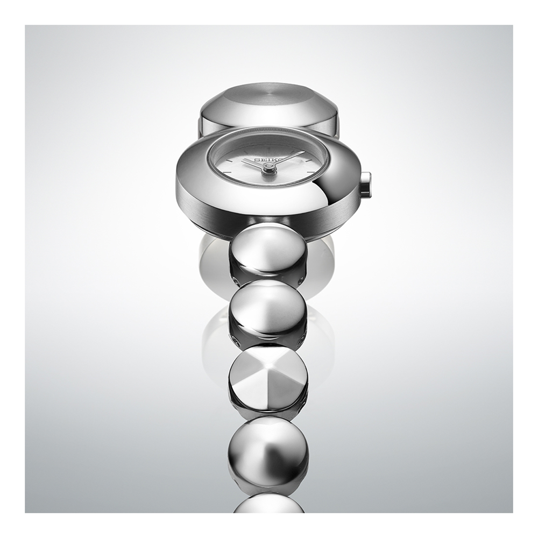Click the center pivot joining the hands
point(268,166)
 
